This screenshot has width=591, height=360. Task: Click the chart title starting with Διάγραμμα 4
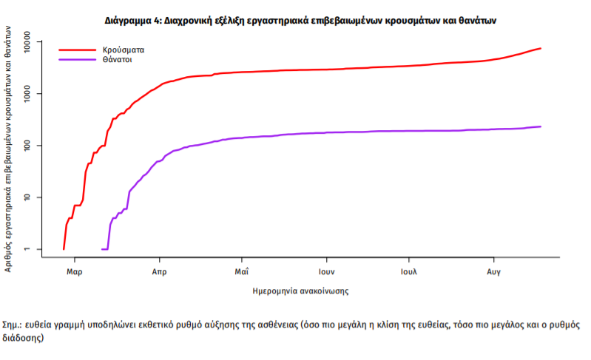(295, 20)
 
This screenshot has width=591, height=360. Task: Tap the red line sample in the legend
(77, 50)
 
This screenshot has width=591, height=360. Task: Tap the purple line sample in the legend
(77, 59)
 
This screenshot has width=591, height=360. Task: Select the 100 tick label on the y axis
(33, 146)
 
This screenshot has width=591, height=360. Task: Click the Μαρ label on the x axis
(74, 271)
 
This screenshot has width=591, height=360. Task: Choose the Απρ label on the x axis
(158, 271)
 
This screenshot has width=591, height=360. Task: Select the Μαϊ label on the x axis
(241, 271)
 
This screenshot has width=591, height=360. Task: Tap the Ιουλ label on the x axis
(408, 271)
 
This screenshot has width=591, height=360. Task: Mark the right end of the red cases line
(541, 49)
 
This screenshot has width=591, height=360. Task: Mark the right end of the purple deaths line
(541, 126)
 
